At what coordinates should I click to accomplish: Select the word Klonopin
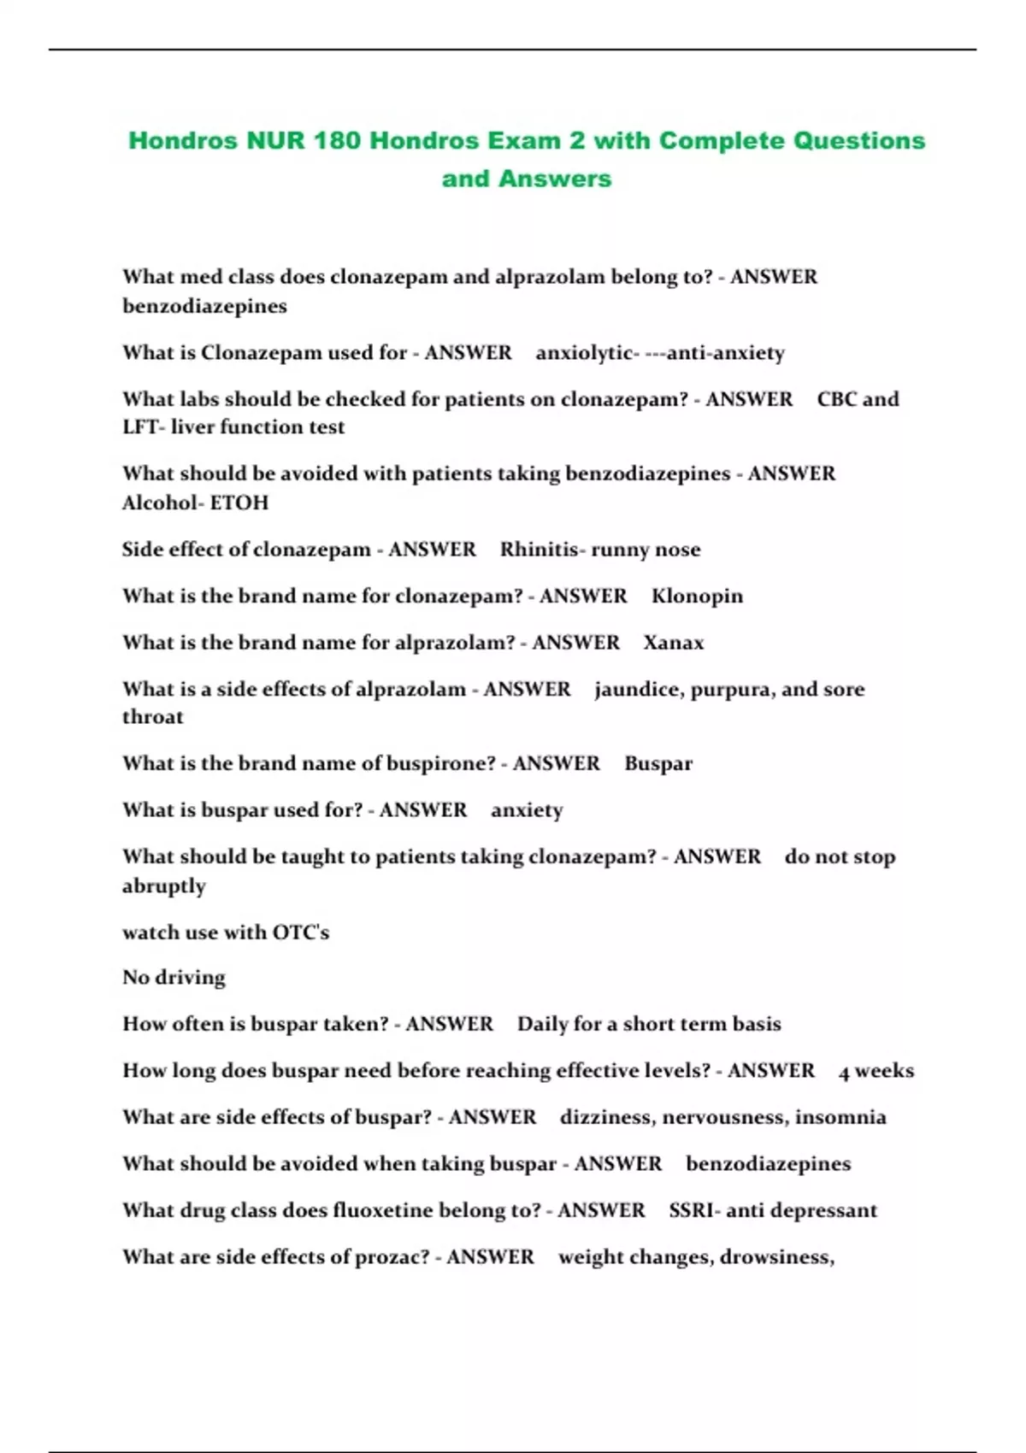click(x=697, y=596)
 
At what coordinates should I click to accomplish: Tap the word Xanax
click(x=674, y=643)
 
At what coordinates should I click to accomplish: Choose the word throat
click(x=153, y=717)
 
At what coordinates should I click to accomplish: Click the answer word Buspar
click(x=658, y=763)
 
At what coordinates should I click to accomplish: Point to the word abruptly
click(x=164, y=885)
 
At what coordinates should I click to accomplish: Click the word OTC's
click(x=300, y=932)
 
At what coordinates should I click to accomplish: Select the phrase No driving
click(x=174, y=977)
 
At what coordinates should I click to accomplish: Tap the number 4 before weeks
click(x=844, y=1072)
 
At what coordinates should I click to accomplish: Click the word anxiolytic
click(x=584, y=353)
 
